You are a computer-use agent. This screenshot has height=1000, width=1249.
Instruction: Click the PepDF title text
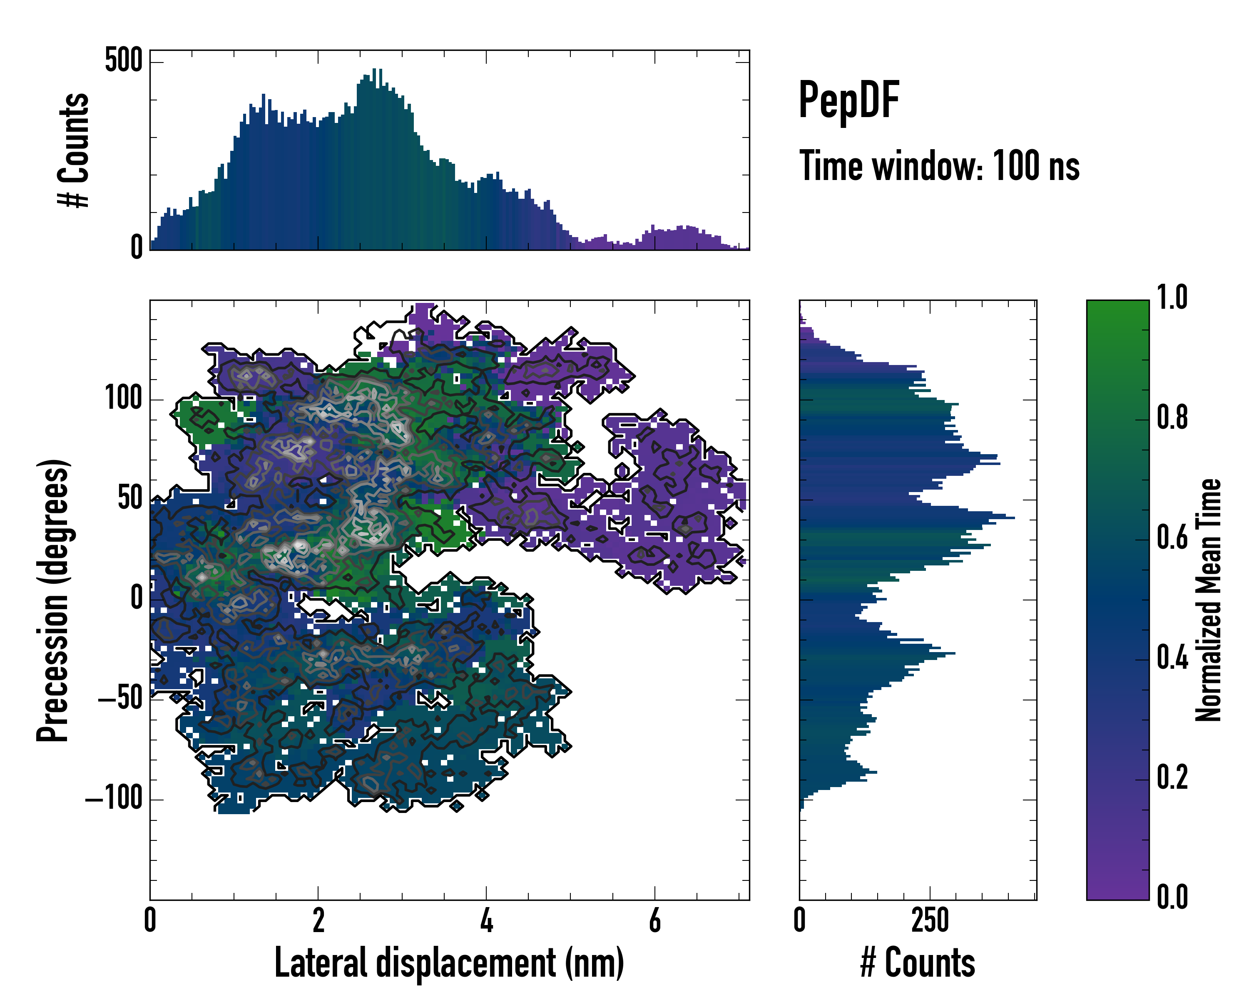[848, 101]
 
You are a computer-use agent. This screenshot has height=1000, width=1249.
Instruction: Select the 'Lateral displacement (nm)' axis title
[449, 963]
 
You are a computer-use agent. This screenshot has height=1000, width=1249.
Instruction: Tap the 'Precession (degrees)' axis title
[53, 600]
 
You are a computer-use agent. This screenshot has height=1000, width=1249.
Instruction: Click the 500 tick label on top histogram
[123, 60]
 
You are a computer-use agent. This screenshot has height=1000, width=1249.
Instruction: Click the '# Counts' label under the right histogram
[918, 963]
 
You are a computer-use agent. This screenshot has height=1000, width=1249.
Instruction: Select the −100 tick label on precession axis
[114, 800]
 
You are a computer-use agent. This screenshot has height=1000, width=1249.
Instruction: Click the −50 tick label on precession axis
[120, 699]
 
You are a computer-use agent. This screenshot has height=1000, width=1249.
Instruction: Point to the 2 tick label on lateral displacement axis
[318, 920]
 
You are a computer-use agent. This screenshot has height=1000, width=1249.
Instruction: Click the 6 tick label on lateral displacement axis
[654, 920]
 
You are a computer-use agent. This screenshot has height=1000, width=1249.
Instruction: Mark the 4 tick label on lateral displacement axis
[487, 920]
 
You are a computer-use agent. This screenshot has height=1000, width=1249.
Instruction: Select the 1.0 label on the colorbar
[1172, 298]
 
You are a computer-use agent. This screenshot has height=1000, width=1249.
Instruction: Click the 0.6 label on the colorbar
[1172, 537]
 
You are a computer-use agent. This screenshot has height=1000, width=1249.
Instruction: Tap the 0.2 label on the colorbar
[1172, 777]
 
